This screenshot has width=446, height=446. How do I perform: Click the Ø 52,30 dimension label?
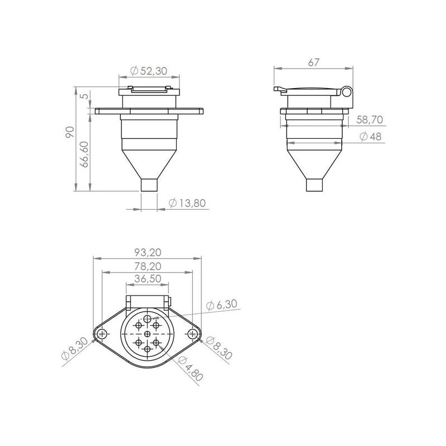(x=148, y=71)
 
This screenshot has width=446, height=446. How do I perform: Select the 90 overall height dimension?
(x=70, y=132)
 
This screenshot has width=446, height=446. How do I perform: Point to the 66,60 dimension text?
(x=84, y=154)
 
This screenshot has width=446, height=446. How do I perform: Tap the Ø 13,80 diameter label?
(x=187, y=203)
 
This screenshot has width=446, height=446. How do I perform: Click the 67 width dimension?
(x=314, y=62)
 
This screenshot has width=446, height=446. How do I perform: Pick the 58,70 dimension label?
(x=370, y=120)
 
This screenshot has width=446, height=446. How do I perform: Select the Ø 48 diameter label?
(x=370, y=137)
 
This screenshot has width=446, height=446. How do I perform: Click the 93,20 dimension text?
(x=148, y=252)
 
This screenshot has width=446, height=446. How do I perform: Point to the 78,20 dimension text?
(x=148, y=266)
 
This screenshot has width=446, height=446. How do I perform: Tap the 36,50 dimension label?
(x=148, y=278)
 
